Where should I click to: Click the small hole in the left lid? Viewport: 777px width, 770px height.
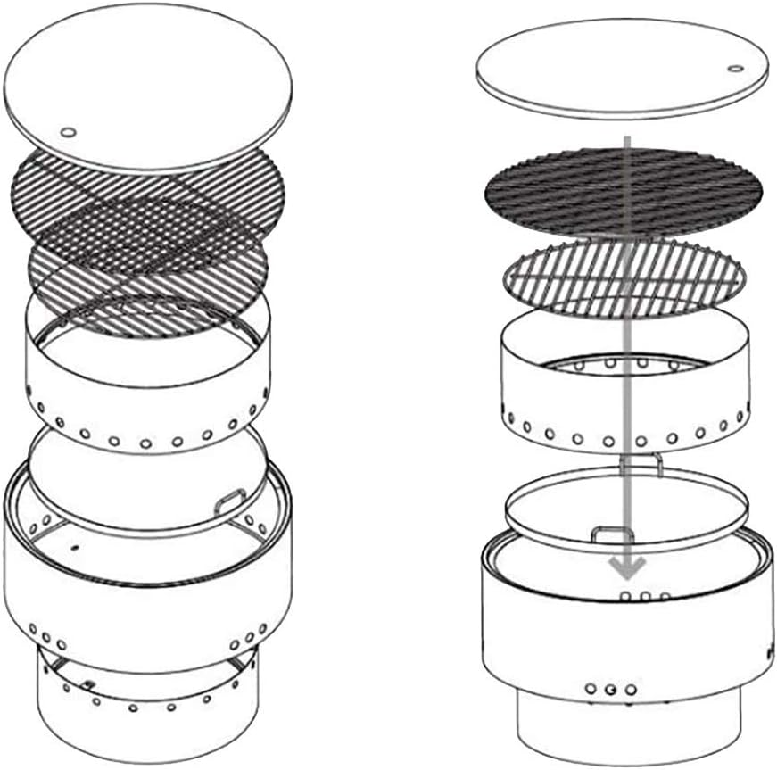pyautogui.click(x=68, y=133)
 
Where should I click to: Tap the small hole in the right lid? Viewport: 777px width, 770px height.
pyautogui.click(x=734, y=69)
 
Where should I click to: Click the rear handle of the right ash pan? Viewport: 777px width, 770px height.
pyautogui.click(x=640, y=461)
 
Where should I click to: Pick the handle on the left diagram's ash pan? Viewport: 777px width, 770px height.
pyautogui.click(x=230, y=500)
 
